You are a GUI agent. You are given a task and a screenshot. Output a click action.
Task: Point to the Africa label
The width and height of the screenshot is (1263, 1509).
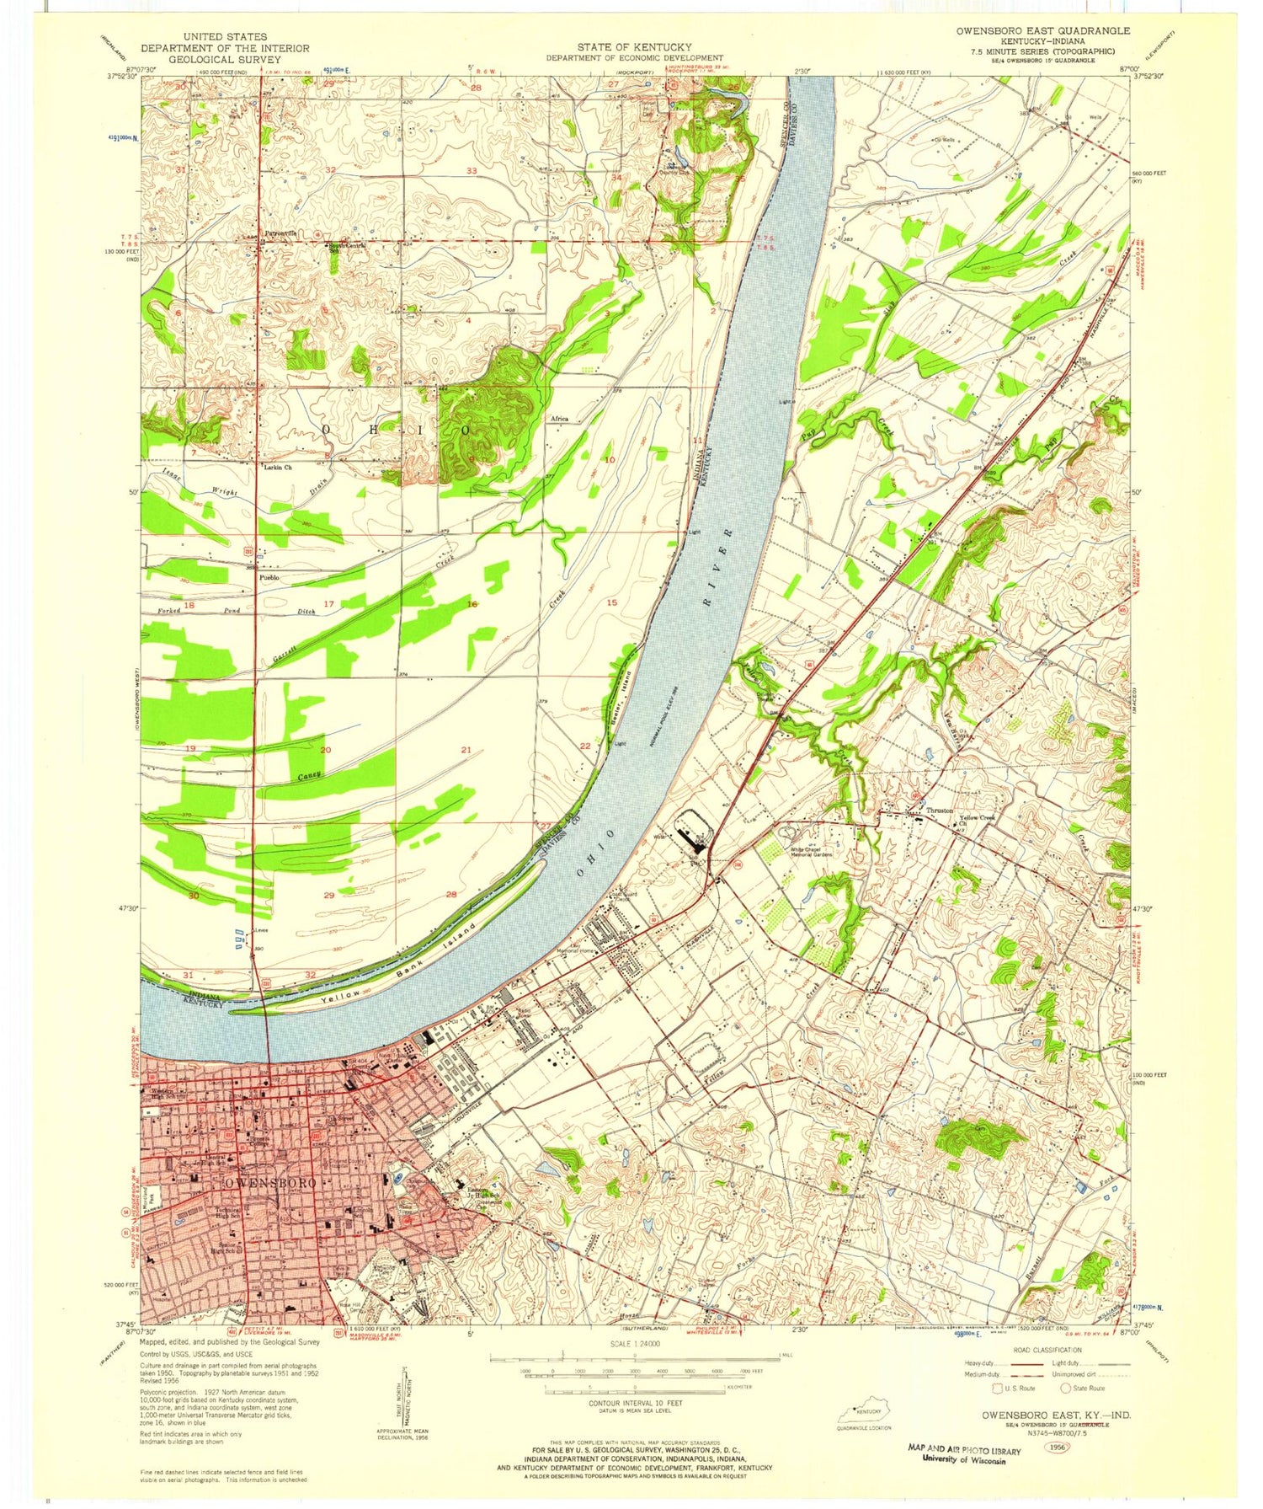(x=560, y=419)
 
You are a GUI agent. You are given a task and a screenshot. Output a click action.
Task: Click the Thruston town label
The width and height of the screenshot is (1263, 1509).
(x=940, y=811)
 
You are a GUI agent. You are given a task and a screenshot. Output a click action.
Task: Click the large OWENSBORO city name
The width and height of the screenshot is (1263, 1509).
(x=269, y=1182)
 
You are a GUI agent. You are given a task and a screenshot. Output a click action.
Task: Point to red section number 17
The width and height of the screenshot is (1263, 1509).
(x=328, y=604)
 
